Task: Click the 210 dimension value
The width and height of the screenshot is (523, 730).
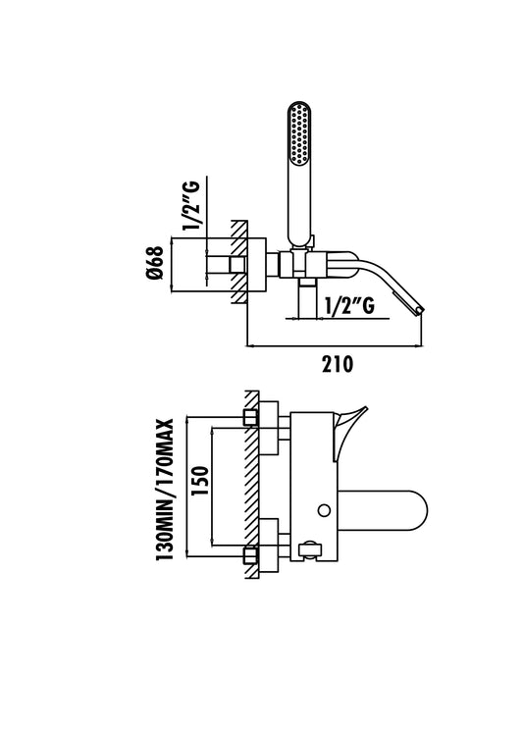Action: [338, 364]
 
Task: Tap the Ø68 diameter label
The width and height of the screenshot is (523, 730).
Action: [155, 264]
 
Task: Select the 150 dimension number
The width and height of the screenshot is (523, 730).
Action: [200, 481]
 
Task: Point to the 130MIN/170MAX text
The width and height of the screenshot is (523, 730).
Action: [165, 490]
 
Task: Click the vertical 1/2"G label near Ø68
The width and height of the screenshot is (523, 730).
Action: [191, 204]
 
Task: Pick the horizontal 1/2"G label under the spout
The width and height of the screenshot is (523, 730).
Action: [349, 306]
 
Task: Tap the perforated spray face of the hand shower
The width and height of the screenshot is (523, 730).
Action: [298, 133]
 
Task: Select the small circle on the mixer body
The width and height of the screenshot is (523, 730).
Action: [324, 510]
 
